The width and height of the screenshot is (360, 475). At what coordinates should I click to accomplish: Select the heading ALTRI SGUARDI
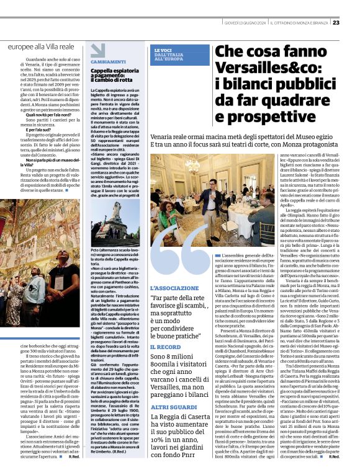pyautogui.click(x=172, y=406)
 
